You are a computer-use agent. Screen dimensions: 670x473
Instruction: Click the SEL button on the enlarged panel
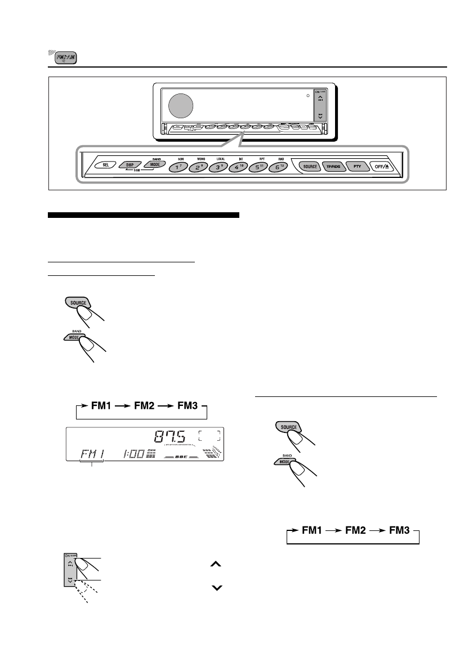tap(106, 166)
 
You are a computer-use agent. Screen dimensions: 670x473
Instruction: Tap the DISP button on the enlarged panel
tap(130, 166)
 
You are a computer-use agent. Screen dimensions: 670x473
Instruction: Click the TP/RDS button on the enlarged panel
tap(332, 167)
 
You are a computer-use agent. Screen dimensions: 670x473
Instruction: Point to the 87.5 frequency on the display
tap(174, 436)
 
